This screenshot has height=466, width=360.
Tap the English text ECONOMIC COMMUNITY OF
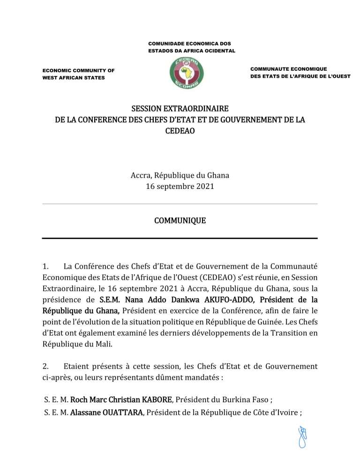coord(78,70)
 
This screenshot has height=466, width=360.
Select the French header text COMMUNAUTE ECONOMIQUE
coord(288,69)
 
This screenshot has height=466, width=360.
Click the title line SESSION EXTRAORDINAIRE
coord(180,109)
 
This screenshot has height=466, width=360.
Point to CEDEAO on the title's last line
coord(180,131)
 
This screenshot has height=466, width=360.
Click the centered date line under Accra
coord(180,186)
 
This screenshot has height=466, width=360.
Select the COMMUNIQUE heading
coord(180,220)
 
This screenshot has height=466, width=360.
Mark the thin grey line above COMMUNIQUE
coord(180,204)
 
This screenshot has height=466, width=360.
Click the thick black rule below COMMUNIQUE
coord(180,239)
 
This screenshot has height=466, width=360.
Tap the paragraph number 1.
coord(45,267)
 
